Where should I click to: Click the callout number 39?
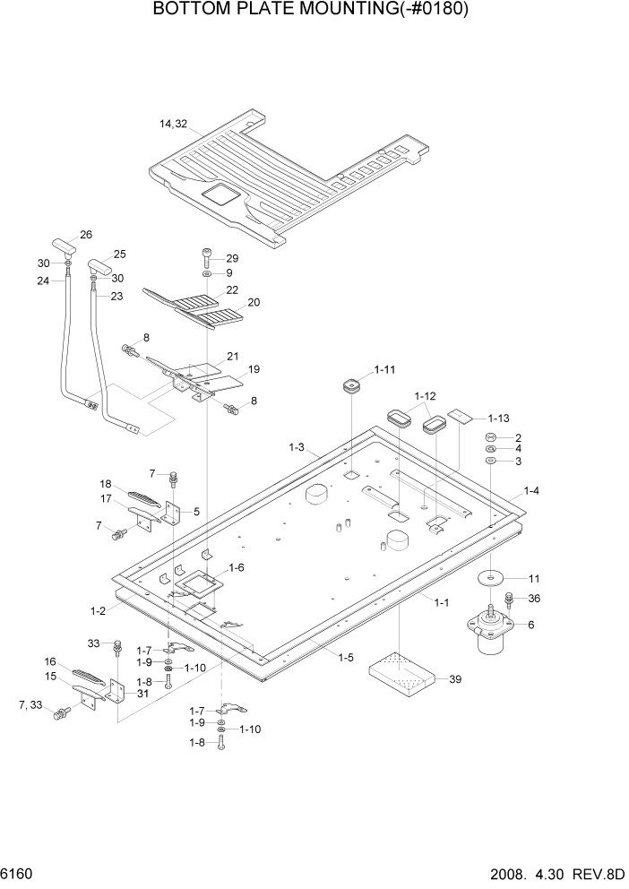tap(455, 679)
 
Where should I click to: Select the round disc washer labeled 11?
tap(490, 578)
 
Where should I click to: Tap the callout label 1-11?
tap(385, 369)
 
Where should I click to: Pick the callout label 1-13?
tap(499, 419)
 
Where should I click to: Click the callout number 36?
tap(534, 599)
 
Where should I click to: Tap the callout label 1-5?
tap(345, 658)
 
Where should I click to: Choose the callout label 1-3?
tap(297, 446)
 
